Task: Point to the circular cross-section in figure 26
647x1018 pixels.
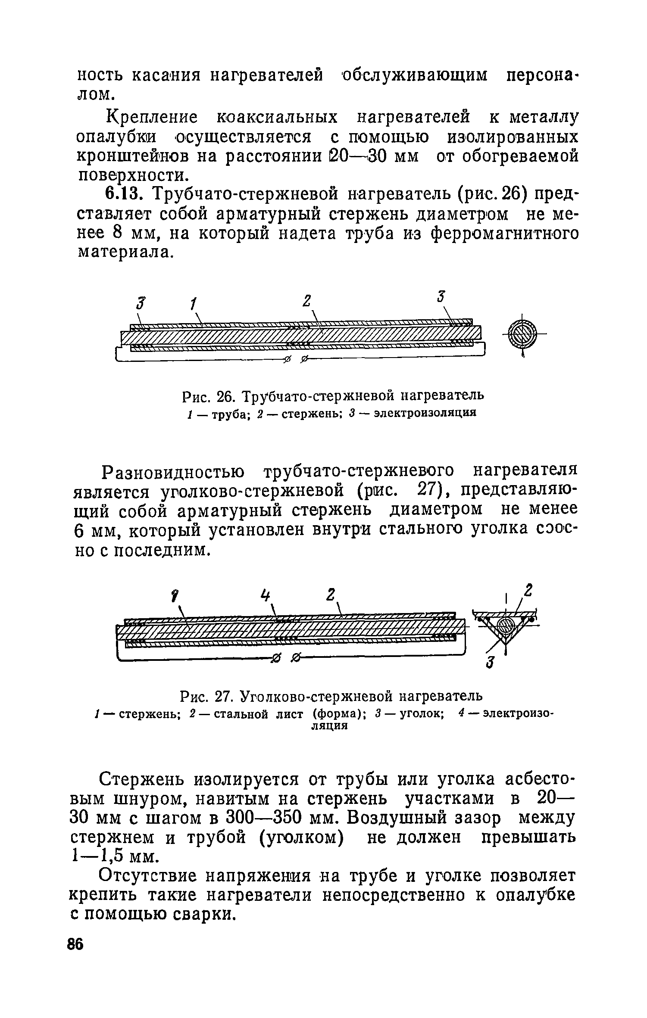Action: pos(522,334)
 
